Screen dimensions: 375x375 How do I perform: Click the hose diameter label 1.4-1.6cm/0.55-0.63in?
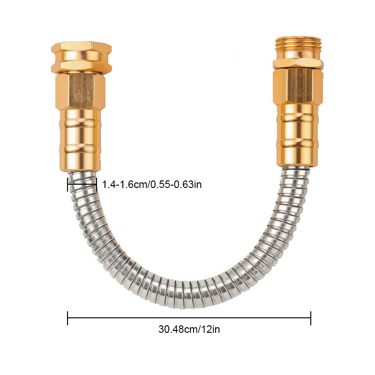152,184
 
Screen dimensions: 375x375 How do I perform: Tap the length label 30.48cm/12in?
189,329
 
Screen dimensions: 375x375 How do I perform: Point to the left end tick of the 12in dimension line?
67,318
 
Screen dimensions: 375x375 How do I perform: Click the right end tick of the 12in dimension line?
311,318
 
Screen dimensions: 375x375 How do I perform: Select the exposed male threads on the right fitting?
298,47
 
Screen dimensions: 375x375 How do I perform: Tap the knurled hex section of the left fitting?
81,91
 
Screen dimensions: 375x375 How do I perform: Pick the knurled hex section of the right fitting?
298,87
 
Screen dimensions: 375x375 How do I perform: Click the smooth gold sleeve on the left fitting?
80,140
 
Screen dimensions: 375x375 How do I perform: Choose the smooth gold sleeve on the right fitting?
297,135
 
